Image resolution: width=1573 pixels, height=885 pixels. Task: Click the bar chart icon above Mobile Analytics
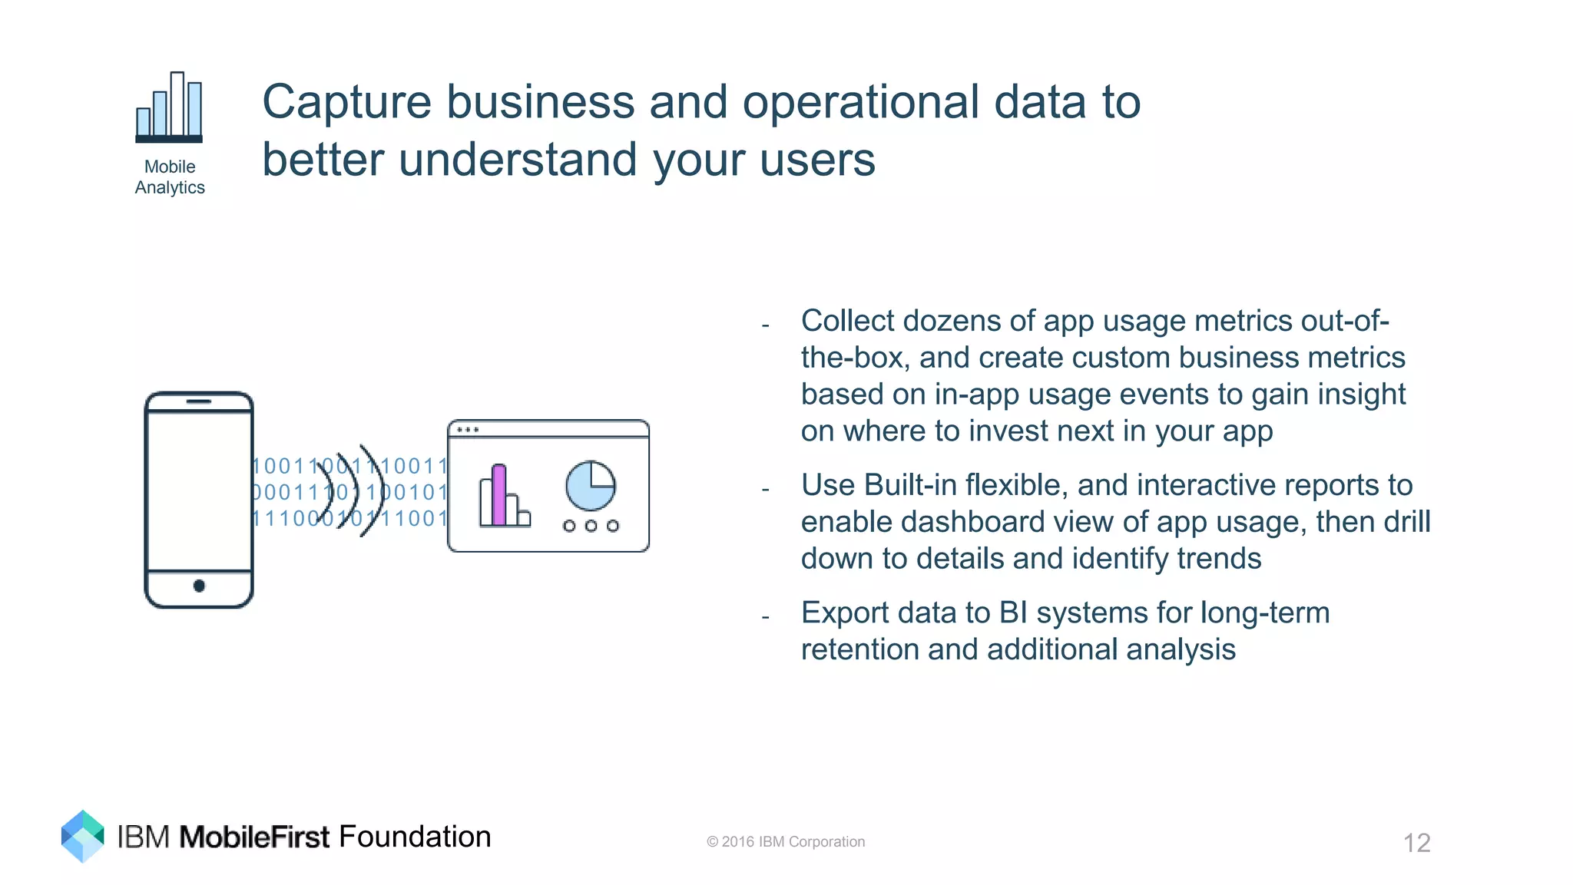tap(169, 107)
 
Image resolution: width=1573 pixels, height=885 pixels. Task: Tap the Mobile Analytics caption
tap(170, 177)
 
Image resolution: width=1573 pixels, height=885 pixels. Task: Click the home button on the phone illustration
tap(199, 586)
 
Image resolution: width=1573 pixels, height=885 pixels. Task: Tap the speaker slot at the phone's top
tap(199, 401)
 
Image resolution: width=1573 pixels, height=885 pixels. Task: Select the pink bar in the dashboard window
tap(498, 495)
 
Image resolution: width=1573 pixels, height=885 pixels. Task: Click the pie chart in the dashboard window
tap(591, 485)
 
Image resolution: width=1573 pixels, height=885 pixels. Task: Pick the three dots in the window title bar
tap(468, 430)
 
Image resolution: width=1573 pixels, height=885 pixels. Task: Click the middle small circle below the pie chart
tap(591, 526)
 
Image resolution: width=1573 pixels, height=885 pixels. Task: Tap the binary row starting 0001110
tap(349, 493)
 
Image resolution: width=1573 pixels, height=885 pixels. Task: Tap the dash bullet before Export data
tap(766, 617)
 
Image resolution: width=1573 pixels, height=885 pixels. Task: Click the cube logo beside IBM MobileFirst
tap(82, 836)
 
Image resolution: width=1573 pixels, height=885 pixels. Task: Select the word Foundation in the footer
tap(415, 837)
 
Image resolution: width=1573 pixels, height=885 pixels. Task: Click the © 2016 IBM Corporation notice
tap(785, 842)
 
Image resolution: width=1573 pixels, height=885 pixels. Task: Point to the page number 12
tap(1416, 843)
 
